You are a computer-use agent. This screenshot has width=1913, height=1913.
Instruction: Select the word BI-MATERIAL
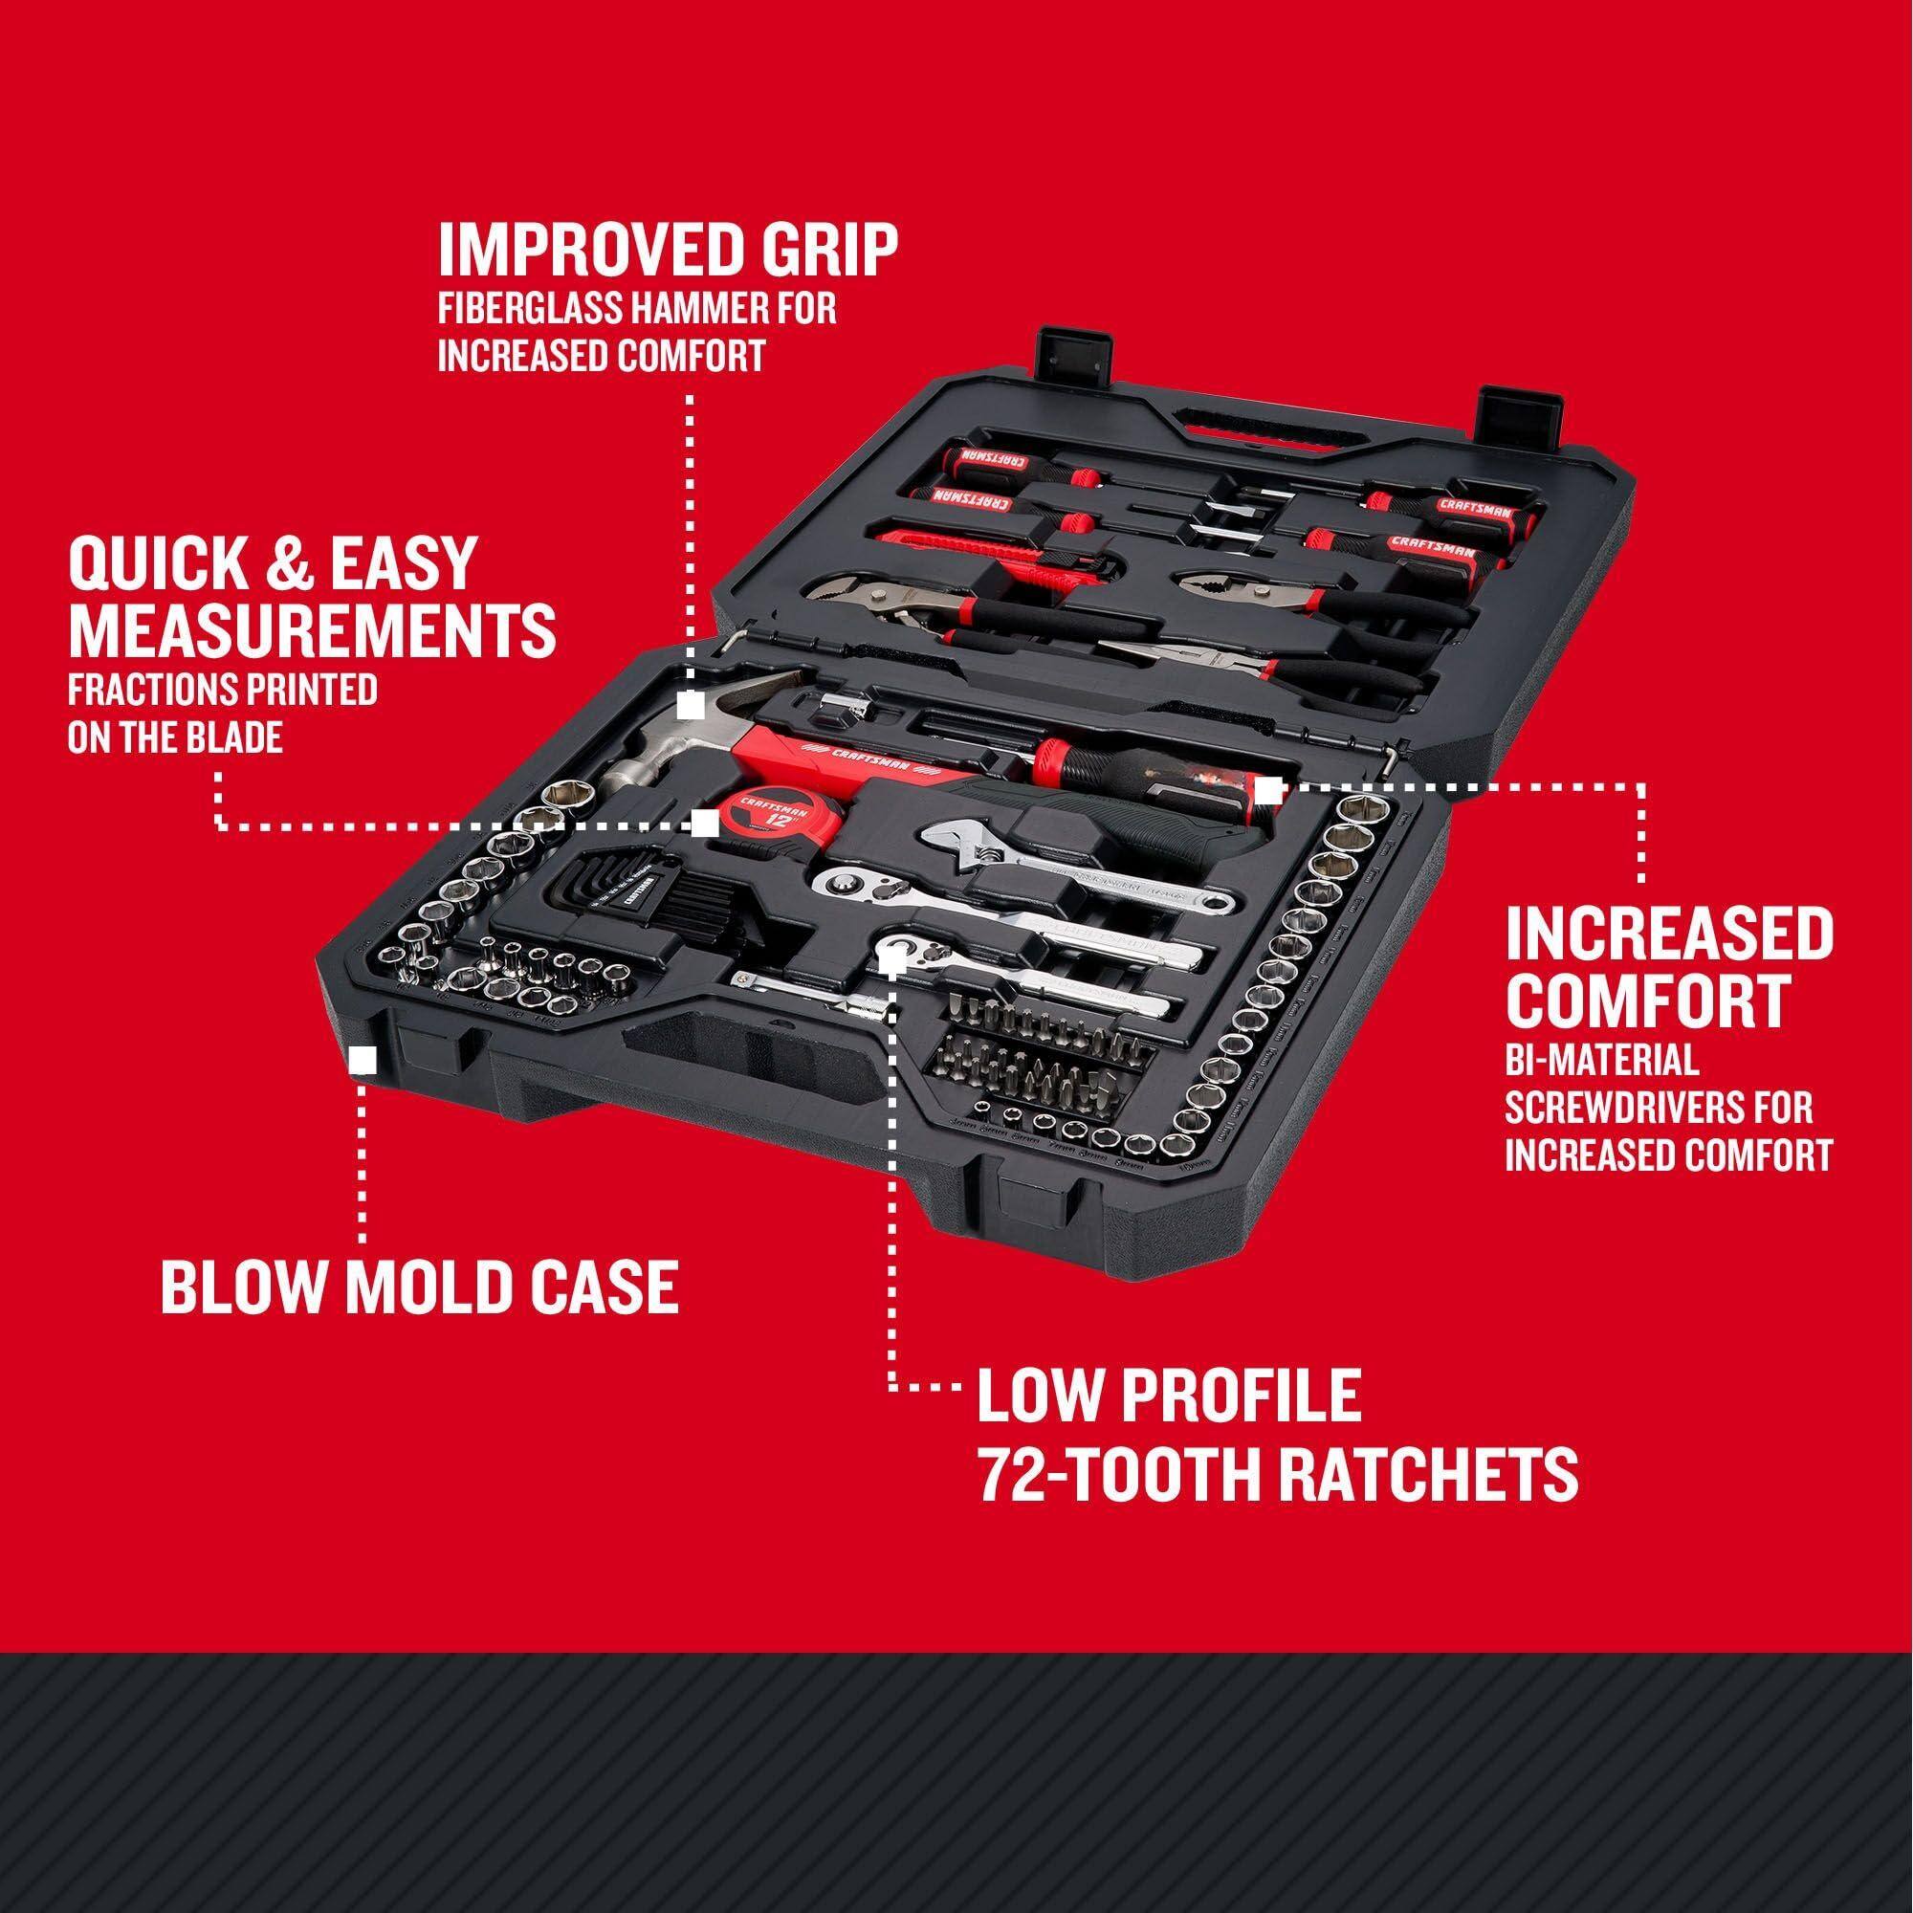click(1602, 1065)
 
